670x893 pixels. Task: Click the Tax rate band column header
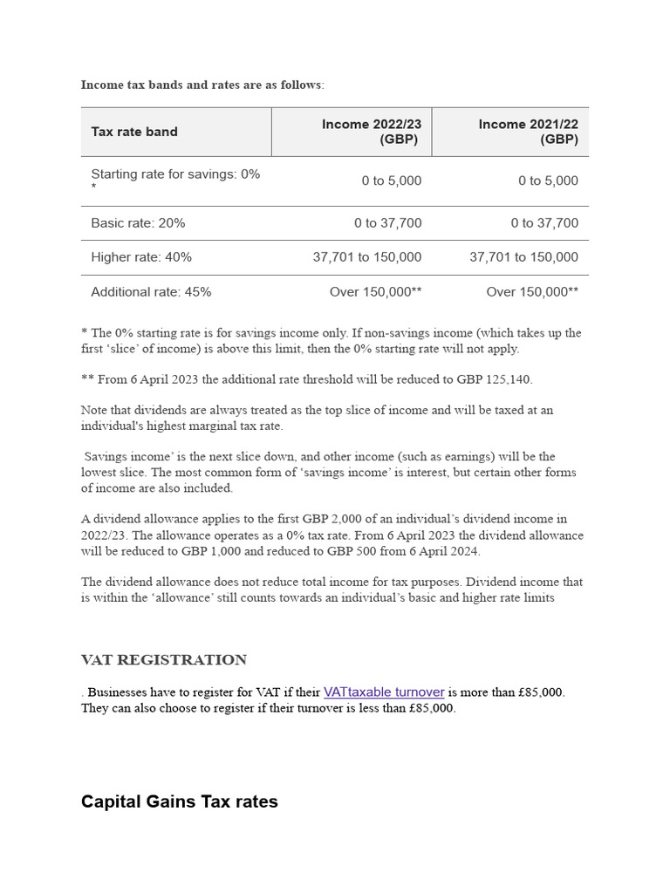point(134,132)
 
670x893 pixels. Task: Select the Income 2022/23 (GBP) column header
point(372,132)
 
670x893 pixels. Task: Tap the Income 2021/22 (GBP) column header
point(528,132)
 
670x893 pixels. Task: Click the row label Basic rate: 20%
point(138,223)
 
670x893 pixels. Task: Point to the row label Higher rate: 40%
point(141,257)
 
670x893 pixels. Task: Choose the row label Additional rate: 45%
point(151,292)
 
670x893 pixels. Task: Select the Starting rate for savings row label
point(175,174)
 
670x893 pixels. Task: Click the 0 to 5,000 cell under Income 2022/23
point(391,181)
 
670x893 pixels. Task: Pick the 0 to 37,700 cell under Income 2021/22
point(544,223)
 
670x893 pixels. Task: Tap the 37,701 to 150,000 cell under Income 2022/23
point(367,257)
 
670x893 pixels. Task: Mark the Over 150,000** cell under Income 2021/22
point(532,292)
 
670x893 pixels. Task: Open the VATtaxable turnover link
point(384,692)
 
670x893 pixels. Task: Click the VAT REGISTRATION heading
point(164,660)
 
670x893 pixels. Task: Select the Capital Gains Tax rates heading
point(180,801)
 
